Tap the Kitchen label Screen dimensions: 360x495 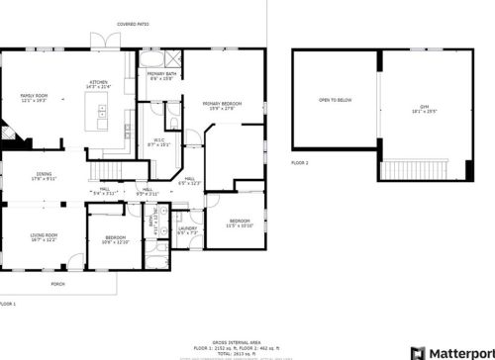[x=99, y=84]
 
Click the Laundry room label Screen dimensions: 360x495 [x=187, y=230]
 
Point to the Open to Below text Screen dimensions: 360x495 [x=335, y=100]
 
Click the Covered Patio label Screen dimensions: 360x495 [x=133, y=22]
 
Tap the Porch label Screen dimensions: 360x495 [x=58, y=283]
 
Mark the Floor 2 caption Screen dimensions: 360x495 [x=300, y=161]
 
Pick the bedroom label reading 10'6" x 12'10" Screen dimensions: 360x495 [x=116, y=239]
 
